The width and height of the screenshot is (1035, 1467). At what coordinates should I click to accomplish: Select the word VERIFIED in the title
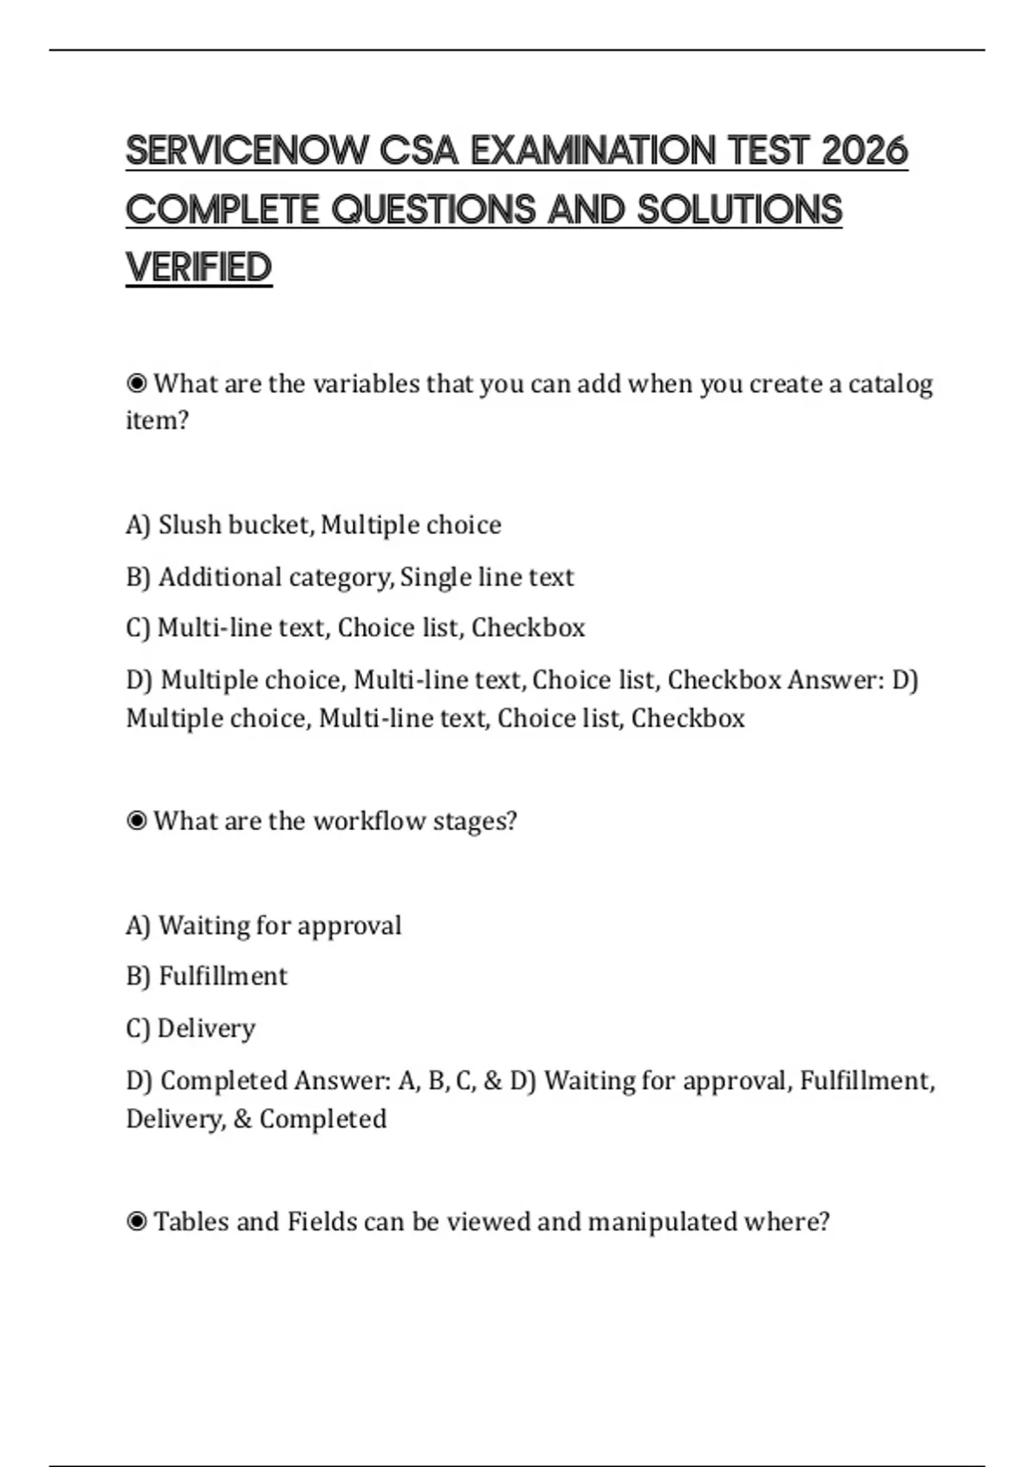(199, 268)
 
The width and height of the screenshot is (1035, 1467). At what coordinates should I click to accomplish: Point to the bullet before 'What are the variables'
(136, 383)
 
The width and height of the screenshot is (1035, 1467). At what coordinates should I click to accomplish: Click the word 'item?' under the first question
(157, 421)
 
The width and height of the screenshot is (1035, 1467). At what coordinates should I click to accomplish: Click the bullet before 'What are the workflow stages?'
(136, 821)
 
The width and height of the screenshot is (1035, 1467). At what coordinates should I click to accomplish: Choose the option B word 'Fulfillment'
(223, 976)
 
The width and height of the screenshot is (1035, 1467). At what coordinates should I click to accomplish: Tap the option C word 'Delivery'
(206, 1029)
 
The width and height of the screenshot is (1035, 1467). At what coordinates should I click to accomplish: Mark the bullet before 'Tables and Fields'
(136, 1222)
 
